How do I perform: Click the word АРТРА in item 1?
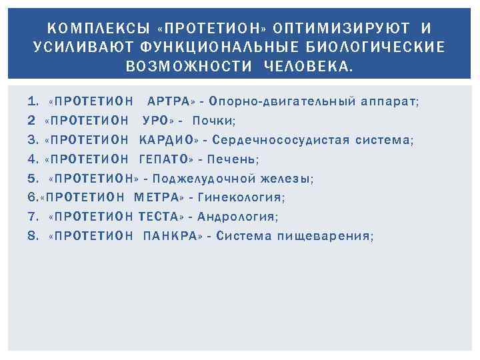coord(168,102)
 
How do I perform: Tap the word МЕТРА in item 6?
coord(157,198)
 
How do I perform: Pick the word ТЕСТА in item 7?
coord(162,217)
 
